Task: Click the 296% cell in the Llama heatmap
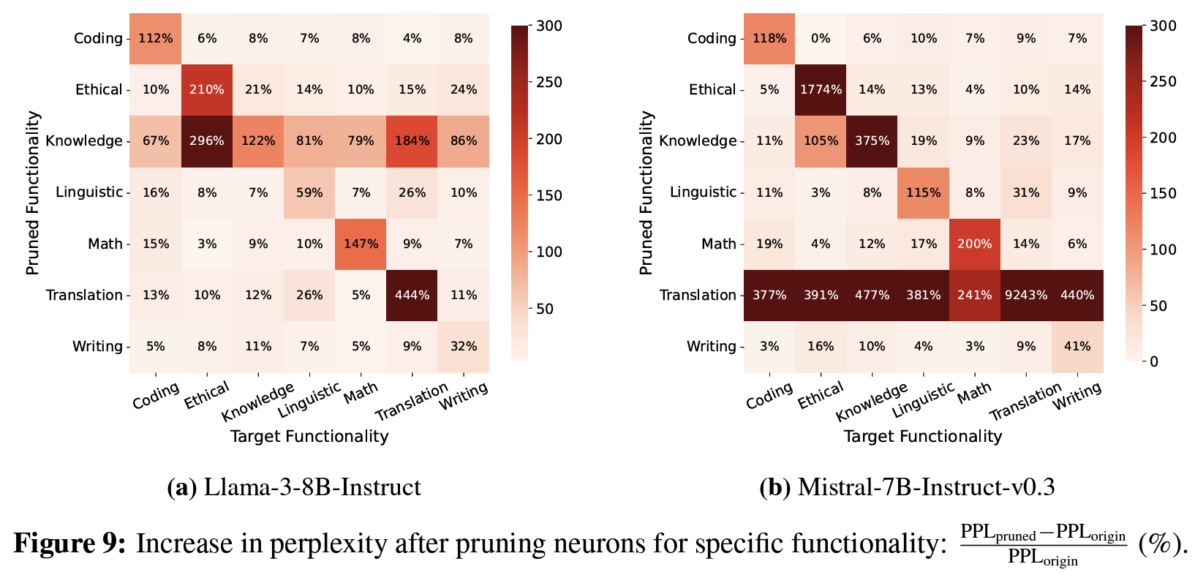[x=207, y=141]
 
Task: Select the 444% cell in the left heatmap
[x=412, y=296]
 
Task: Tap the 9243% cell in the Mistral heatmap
[x=1025, y=296]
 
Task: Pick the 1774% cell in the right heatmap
[x=821, y=90]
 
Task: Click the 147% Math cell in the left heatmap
[x=361, y=244]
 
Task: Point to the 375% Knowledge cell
[x=872, y=141]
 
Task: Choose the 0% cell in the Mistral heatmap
[x=821, y=39]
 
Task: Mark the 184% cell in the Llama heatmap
[x=412, y=141]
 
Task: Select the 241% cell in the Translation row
[x=974, y=296]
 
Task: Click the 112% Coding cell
[x=156, y=39]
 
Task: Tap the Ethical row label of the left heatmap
[x=99, y=90]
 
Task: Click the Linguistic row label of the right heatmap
[x=704, y=192]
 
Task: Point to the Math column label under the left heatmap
[x=361, y=394]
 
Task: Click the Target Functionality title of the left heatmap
[x=309, y=437]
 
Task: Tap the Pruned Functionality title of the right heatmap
[x=646, y=192]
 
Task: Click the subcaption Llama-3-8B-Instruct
[x=294, y=487]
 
